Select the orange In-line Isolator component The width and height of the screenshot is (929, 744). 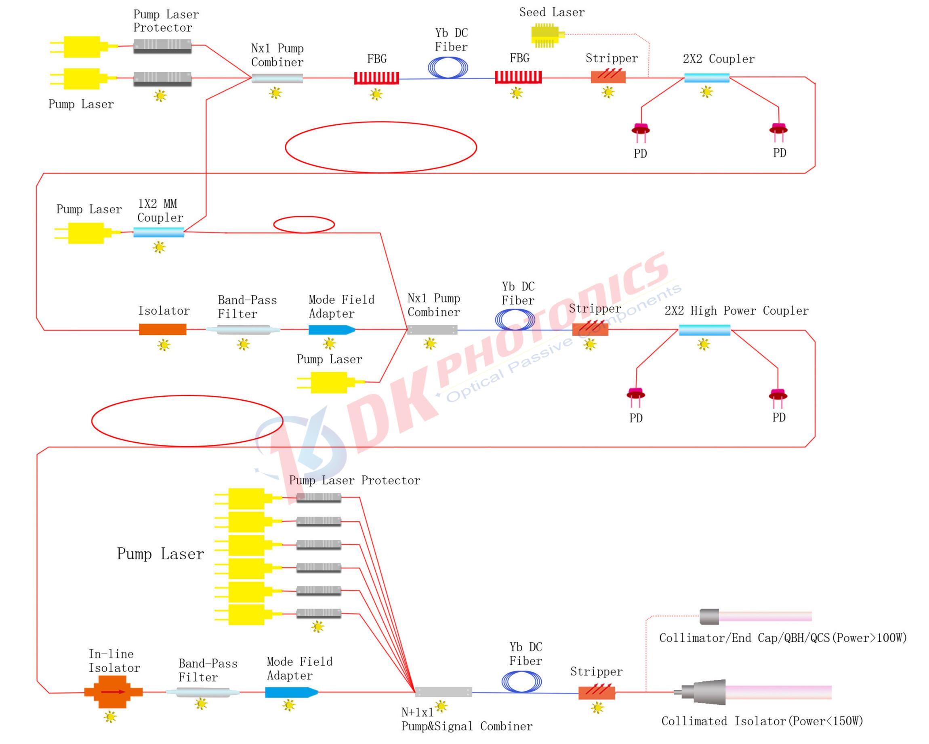113,692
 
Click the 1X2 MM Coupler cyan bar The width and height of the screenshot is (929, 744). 159,233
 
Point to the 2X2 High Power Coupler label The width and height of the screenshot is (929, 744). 736,311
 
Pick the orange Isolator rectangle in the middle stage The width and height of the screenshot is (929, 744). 162,330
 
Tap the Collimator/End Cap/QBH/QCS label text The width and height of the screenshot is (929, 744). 783,638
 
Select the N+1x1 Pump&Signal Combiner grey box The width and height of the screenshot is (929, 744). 443,692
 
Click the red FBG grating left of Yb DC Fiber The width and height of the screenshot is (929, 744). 376,78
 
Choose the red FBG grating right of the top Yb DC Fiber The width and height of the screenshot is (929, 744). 518,78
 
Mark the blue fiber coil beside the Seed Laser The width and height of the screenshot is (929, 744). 448,68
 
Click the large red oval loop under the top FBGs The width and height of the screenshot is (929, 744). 380,147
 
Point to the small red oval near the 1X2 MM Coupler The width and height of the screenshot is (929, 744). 304,225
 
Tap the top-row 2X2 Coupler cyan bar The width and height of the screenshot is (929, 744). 707,78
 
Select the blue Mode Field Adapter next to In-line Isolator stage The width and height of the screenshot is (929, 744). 291,692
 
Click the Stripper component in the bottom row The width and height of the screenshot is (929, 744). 596,693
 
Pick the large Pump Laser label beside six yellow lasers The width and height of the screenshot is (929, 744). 160,554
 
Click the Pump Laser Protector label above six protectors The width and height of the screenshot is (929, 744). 354,480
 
